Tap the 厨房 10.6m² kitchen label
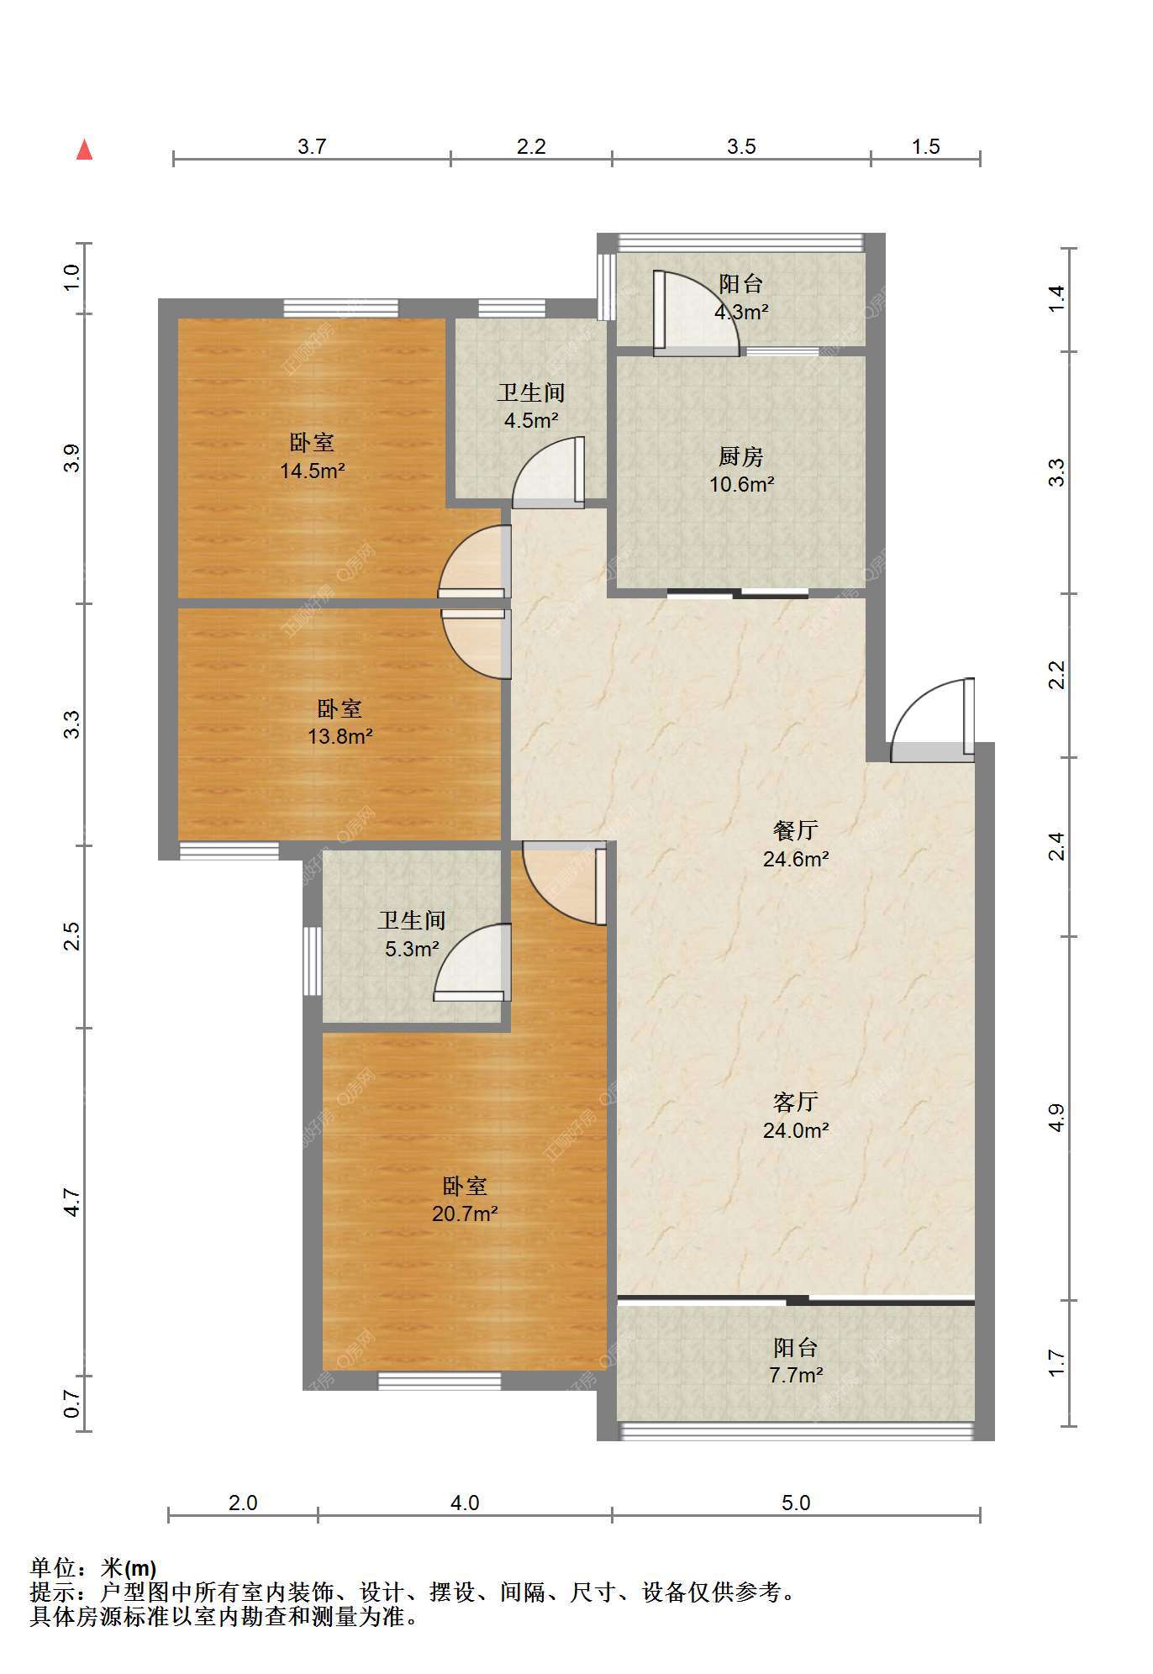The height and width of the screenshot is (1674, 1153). pyautogui.click(x=741, y=470)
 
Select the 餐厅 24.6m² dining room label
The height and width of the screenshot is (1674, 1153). pyautogui.click(x=796, y=845)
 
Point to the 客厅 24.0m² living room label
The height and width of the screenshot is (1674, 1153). pyautogui.click(x=796, y=1116)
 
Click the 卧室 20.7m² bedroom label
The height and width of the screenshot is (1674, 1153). pyautogui.click(x=465, y=1199)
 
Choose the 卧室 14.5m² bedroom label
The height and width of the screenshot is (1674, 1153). pyautogui.click(x=312, y=456)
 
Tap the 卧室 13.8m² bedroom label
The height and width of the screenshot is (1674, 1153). pyautogui.click(x=340, y=723)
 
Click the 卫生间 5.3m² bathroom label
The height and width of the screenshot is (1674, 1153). pyautogui.click(x=411, y=934)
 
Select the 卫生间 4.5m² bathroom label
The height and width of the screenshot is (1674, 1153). pyautogui.click(x=531, y=406)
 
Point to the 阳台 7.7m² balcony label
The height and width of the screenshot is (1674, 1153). pyautogui.click(x=795, y=1361)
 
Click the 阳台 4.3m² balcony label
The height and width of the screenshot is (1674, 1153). pyautogui.click(x=741, y=297)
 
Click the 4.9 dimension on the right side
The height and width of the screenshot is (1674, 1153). pyautogui.click(x=1057, y=1118)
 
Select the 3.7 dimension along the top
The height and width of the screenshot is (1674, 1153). pyautogui.click(x=312, y=146)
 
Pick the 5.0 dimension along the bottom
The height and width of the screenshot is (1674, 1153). pyautogui.click(x=796, y=1503)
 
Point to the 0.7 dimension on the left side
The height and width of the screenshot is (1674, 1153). pyautogui.click(x=73, y=1403)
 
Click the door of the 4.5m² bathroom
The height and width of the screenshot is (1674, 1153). pyautogui.click(x=548, y=472)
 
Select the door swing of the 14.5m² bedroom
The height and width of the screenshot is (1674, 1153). pyautogui.click(x=475, y=561)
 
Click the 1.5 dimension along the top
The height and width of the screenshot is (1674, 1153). pyautogui.click(x=926, y=146)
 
